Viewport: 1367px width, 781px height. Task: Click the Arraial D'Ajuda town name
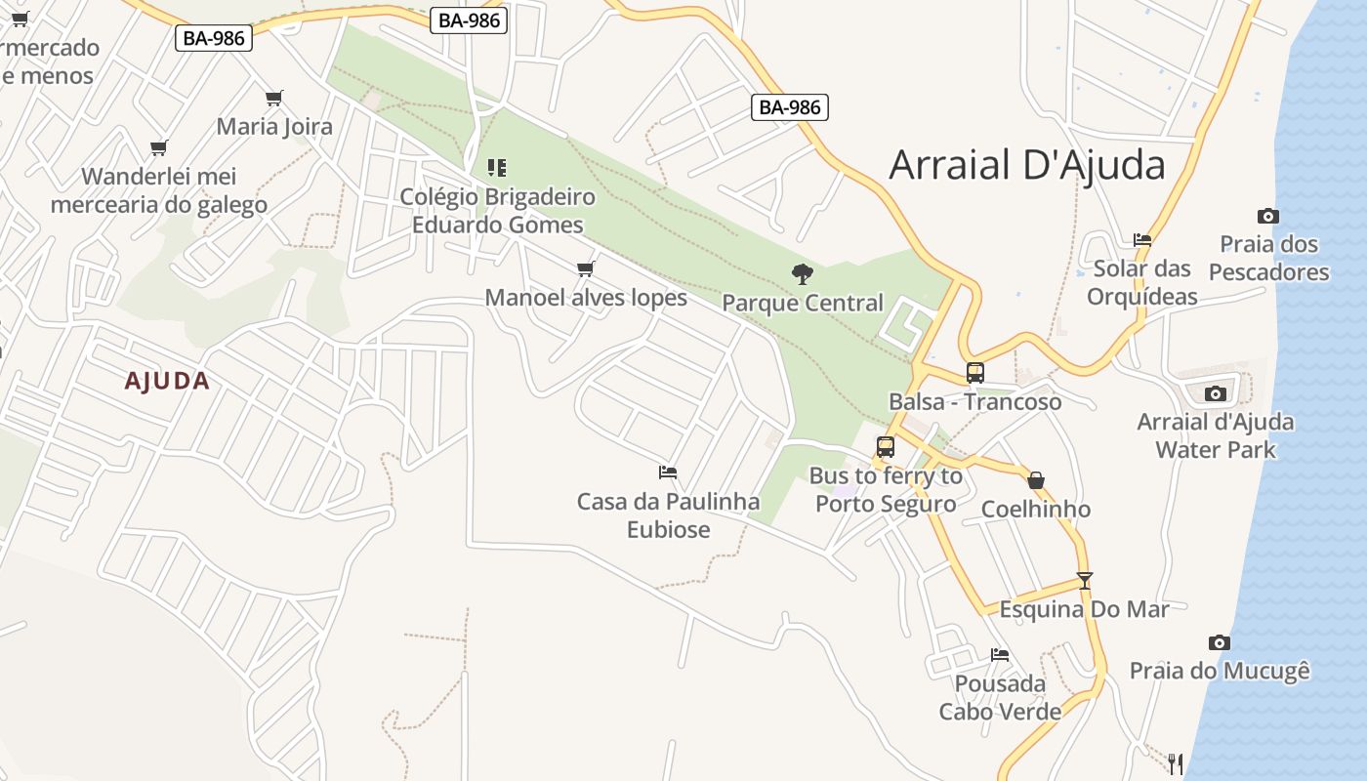point(1026,165)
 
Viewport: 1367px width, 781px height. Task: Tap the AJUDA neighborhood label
point(167,381)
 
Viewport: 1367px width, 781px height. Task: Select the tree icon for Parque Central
point(803,273)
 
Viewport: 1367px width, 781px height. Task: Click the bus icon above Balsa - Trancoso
point(974,372)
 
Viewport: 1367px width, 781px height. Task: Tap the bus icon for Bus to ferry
point(886,447)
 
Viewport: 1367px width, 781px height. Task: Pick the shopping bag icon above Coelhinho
point(1036,480)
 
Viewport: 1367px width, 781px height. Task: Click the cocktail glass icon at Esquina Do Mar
point(1084,580)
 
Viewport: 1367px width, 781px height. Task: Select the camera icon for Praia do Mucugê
point(1219,642)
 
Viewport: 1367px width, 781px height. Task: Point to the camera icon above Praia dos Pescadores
point(1267,216)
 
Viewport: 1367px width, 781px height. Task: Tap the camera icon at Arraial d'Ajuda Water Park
point(1215,393)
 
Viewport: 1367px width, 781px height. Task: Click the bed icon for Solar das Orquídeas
point(1142,239)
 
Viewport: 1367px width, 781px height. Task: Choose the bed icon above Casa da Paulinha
point(668,473)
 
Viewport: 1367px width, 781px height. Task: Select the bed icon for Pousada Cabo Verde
point(999,654)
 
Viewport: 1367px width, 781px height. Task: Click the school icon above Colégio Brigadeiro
point(497,168)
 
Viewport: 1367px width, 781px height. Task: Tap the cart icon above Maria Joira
point(274,98)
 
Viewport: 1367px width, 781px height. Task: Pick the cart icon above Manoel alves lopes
point(585,268)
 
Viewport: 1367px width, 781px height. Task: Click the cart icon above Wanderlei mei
point(158,148)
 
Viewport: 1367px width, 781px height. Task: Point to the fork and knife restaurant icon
point(1176,762)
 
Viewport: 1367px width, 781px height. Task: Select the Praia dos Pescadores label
point(1269,258)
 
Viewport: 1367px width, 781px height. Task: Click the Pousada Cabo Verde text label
point(1000,697)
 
